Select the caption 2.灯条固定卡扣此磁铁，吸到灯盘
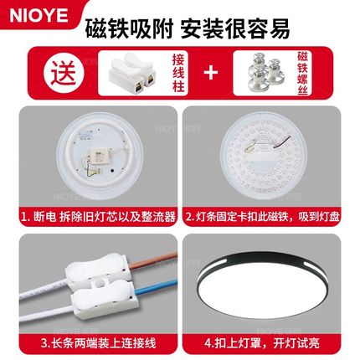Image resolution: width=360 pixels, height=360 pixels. click(x=268, y=216)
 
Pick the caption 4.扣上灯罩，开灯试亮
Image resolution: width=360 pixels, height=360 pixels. click(x=268, y=342)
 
